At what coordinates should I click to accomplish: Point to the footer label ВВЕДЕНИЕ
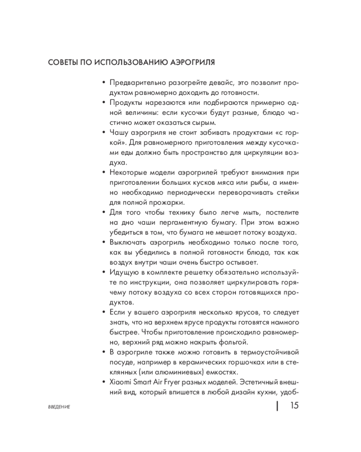(x=59, y=408)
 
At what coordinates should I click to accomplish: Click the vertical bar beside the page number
(x=277, y=405)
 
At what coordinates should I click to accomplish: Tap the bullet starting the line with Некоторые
(x=104, y=172)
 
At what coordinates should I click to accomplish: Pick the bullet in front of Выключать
(x=104, y=243)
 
